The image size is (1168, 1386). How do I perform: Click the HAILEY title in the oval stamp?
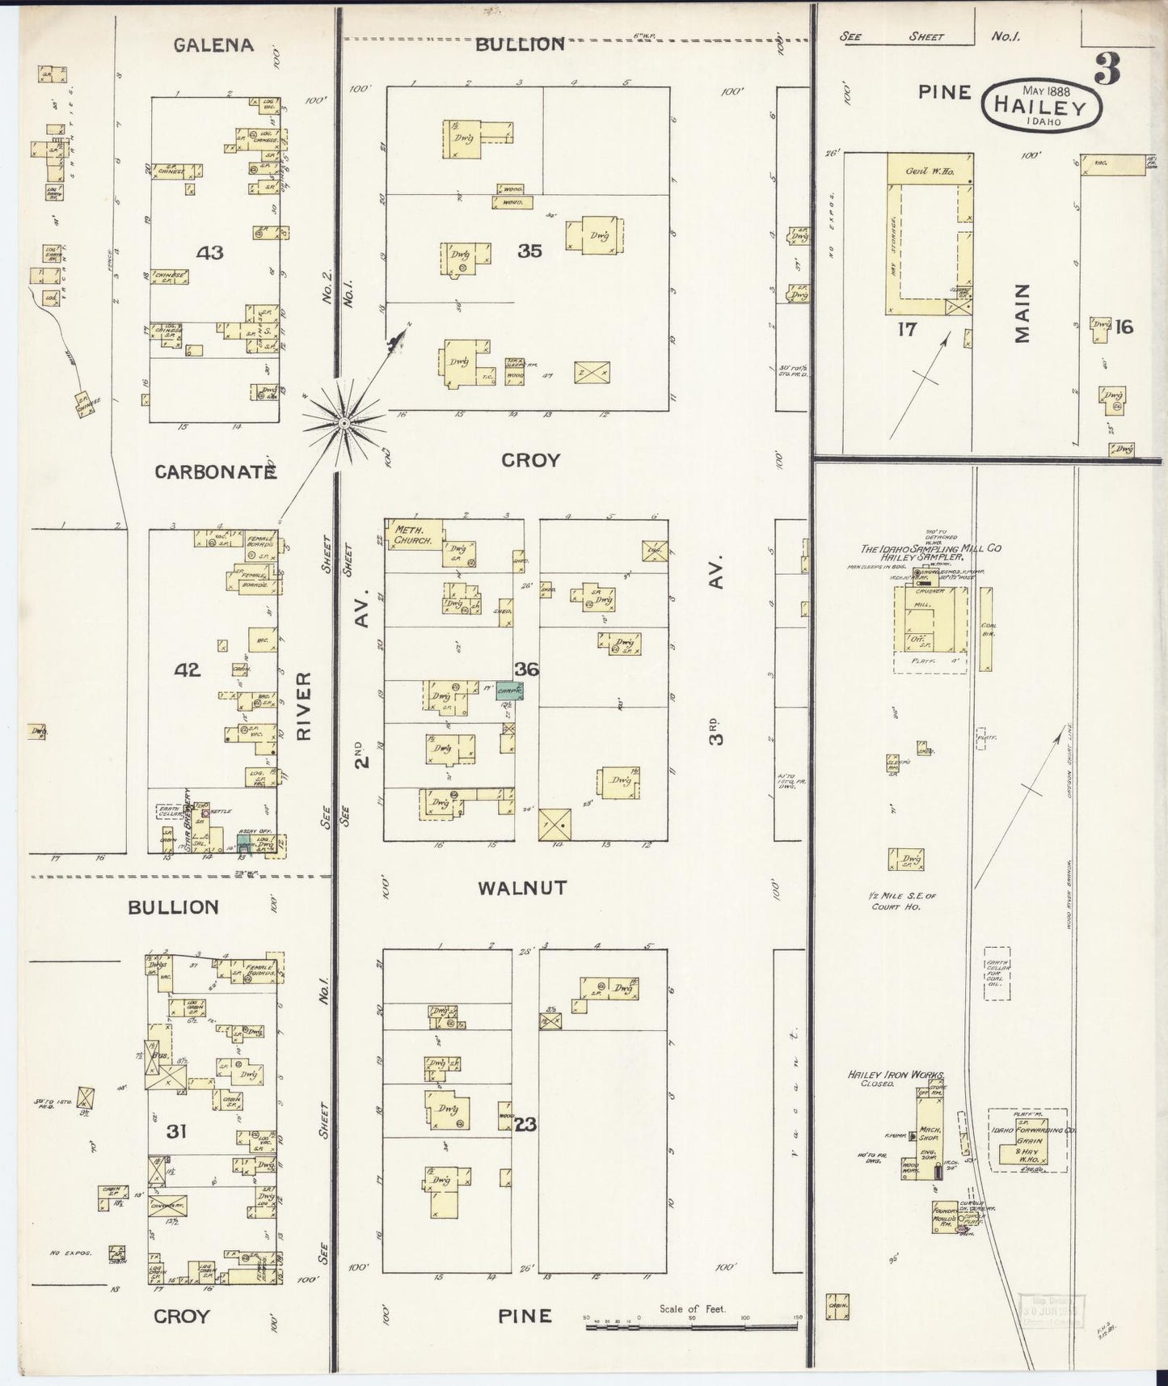[x=1043, y=105]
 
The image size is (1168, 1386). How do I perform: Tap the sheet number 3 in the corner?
[x=1107, y=71]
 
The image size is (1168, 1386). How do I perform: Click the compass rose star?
[x=344, y=421]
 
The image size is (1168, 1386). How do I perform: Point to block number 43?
[x=209, y=253]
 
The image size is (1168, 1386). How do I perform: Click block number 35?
[x=529, y=251]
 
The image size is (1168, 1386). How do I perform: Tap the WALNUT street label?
[x=522, y=888]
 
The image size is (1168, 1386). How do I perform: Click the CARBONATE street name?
[x=215, y=472]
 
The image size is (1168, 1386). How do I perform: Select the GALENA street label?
[x=213, y=45]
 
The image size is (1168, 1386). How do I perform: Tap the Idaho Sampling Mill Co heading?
[x=930, y=548]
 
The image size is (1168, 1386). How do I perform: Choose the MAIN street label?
[x=1023, y=313]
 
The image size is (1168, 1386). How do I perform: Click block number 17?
[x=906, y=329]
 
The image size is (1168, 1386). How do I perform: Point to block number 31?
[x=176, y=1130]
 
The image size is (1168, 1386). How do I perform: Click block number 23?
[x=525, y=1124]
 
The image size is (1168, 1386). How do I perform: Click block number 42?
[x=188, y=670]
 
